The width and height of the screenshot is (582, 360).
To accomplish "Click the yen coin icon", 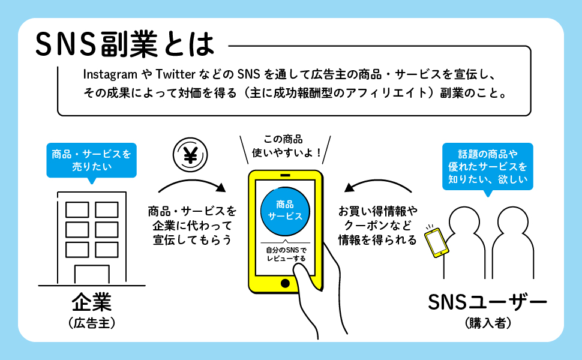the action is (190, 155).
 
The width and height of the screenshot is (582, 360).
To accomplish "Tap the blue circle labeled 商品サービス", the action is (285, 211).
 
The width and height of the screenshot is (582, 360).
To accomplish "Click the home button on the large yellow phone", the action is (285, 284).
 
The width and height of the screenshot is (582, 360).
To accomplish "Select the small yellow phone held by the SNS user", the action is (437, 243).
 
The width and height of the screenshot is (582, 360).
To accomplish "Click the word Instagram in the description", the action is (110, 74).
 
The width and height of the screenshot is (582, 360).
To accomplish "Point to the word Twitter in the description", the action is (175, 74).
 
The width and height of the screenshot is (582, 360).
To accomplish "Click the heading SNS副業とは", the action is (125, 44).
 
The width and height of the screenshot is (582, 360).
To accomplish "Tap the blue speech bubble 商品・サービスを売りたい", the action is (91, 161).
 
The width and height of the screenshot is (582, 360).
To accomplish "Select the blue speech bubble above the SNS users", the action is (488, 167).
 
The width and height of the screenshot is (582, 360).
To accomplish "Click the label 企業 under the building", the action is (92, 302).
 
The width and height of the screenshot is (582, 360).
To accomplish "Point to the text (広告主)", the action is (92, 323).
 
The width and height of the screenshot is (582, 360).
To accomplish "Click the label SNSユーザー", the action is (487, 302).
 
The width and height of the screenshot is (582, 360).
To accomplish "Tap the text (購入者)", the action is (488, 323).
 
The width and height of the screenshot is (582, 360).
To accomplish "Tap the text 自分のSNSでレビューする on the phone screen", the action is (286, 254).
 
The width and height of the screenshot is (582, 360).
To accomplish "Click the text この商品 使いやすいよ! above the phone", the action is (285, 146).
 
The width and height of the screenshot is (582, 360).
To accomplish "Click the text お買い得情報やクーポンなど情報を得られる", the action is (378, 226).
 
